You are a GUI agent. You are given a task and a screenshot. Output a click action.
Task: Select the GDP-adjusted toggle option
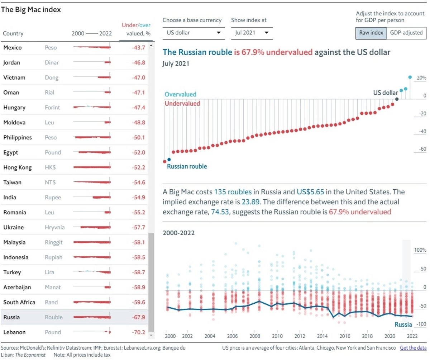click(x=406, y=33)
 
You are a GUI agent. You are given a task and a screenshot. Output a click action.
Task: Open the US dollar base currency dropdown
click(x=193, y=33)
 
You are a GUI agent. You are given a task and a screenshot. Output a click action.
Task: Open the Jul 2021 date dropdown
click(x=252, y=33)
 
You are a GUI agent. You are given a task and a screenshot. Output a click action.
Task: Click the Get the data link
click(x=413, y=348)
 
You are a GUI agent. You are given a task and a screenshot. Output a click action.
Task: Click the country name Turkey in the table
click(x=12, y=272)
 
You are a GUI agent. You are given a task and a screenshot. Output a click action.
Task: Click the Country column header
click(x=13, y=34)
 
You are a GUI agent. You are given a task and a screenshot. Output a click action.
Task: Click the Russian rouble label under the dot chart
click(x=187, y=166)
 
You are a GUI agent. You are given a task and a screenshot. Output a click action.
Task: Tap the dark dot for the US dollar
click(x=397, y=99)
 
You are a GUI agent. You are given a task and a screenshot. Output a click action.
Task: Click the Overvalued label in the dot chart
click(x=181, y=94)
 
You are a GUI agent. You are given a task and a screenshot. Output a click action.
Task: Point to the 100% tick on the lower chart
click(x=420, y=250)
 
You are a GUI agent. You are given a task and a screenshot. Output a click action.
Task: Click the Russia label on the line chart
click(x=403, y=325)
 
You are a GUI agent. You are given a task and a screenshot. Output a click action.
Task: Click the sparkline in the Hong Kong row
click(x=92, y=167)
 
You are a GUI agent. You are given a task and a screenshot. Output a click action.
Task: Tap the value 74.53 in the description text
click(x=219, y=212)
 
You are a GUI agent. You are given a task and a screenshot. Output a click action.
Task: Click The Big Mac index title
click(x=31, y=10)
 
